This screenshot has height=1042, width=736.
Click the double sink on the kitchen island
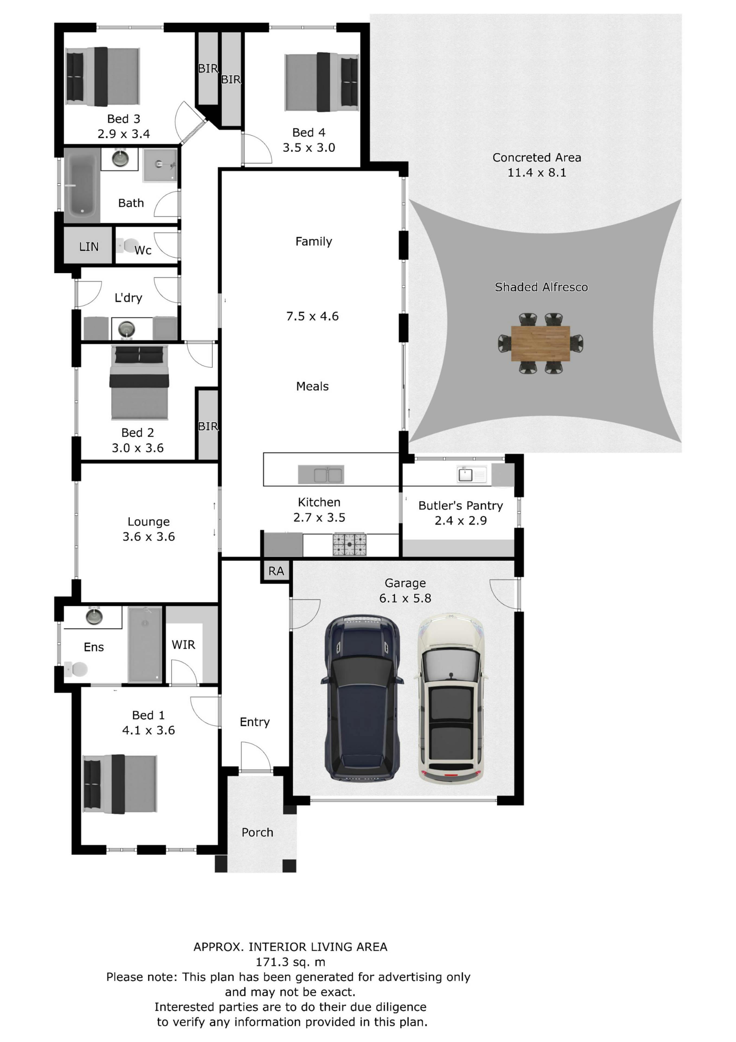coord(321,475)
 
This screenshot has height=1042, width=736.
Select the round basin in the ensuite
coord(94,616)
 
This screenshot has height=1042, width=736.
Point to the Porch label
coord(257,832)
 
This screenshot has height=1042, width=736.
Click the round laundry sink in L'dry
coord(127,328)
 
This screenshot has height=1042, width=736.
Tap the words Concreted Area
coord(536,157)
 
